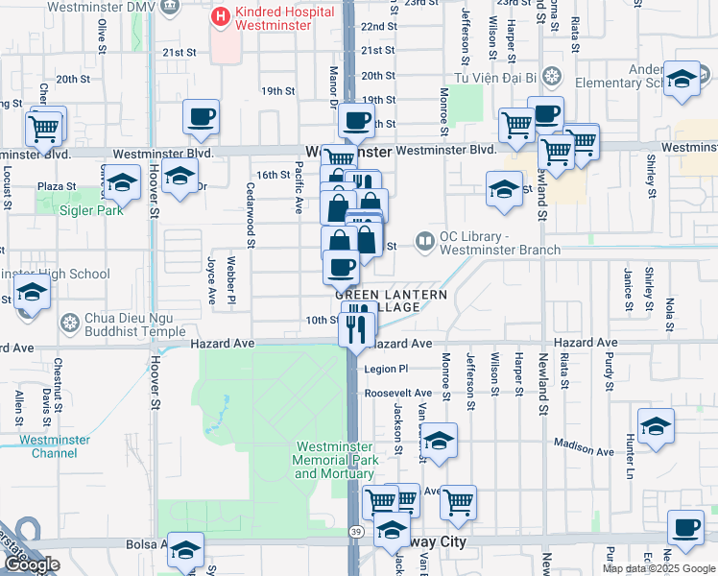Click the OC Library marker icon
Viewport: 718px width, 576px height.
(422, 241)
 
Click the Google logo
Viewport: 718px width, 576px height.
(32, 564)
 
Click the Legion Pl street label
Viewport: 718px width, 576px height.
(386, 368)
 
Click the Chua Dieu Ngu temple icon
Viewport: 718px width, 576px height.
(69, 322)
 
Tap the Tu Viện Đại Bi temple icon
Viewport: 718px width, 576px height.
(551, 76)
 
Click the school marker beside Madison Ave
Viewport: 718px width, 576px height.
(656, 427)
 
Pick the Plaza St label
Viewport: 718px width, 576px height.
(57, 186)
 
